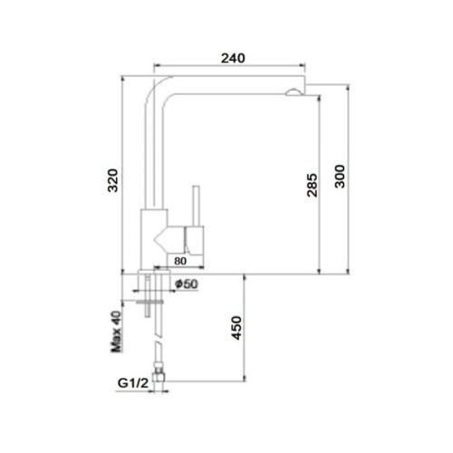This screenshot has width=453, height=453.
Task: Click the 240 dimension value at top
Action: (x=233, y=58)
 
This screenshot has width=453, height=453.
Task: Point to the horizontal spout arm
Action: (x=226, y=84)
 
